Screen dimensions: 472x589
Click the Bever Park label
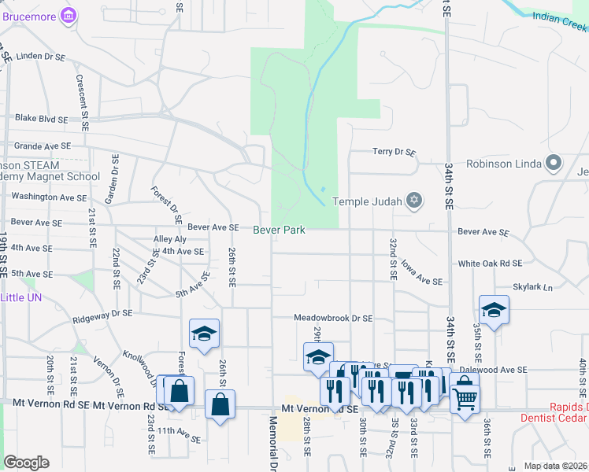[279, 230]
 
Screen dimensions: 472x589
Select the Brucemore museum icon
[69, 15]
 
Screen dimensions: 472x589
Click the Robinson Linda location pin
[554, 164]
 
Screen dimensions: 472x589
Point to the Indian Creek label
[559, 19]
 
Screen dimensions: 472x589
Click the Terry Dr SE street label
[394, 152]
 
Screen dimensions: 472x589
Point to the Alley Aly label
[170, 239]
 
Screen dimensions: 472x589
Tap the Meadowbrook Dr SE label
[333, 319]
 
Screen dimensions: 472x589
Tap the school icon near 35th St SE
[494, 310]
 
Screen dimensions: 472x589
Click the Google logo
[26, 463]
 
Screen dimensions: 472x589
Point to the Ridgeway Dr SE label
[102, 312]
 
